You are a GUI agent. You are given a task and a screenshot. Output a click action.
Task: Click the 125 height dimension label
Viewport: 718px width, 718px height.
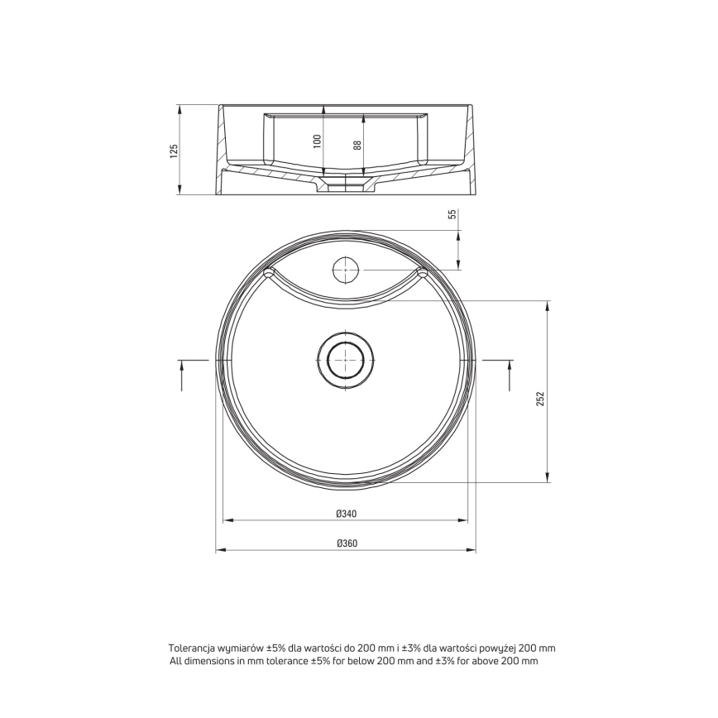[x=173, y=151]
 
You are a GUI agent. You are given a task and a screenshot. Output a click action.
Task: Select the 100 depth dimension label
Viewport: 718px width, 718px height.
[x=318, y=141]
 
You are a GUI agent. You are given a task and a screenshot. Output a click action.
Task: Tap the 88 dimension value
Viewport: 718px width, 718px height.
[x=357, y=145]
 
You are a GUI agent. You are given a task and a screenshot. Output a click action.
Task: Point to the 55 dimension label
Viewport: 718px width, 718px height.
[x=452, y=214]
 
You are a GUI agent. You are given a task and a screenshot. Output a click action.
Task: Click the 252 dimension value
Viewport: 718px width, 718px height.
[x=541, y=399]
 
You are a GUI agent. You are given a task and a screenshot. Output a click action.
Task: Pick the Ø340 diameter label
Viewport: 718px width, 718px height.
[x=346, y=514]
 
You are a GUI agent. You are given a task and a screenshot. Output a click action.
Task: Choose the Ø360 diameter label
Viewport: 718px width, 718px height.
[x=347, y=543]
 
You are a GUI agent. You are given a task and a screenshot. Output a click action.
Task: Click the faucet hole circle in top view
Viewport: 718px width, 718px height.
[x=345, y=270]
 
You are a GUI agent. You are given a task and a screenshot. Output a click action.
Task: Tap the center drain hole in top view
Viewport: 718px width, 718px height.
[x=346, y=360]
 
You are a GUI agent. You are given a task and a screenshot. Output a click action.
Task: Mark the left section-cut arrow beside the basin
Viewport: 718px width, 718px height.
[x=182, y=375]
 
